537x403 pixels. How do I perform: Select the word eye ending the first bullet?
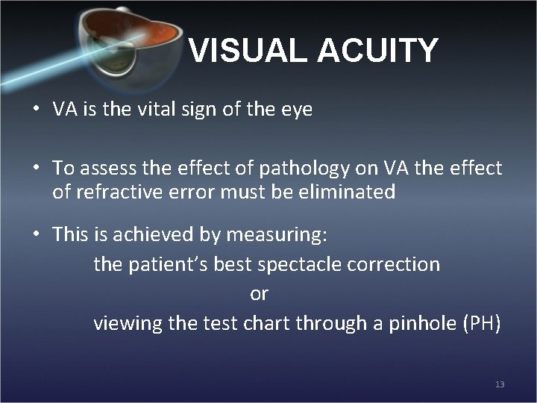(296, 110)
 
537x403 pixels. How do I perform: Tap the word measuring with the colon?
(277, 235)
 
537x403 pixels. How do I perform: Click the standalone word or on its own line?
(259, 294)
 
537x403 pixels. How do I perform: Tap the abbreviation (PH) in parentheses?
(482, 324)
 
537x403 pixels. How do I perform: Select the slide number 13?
(500, 384)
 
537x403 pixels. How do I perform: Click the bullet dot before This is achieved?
(36, 235)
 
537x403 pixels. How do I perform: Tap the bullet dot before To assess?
(36, 169)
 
